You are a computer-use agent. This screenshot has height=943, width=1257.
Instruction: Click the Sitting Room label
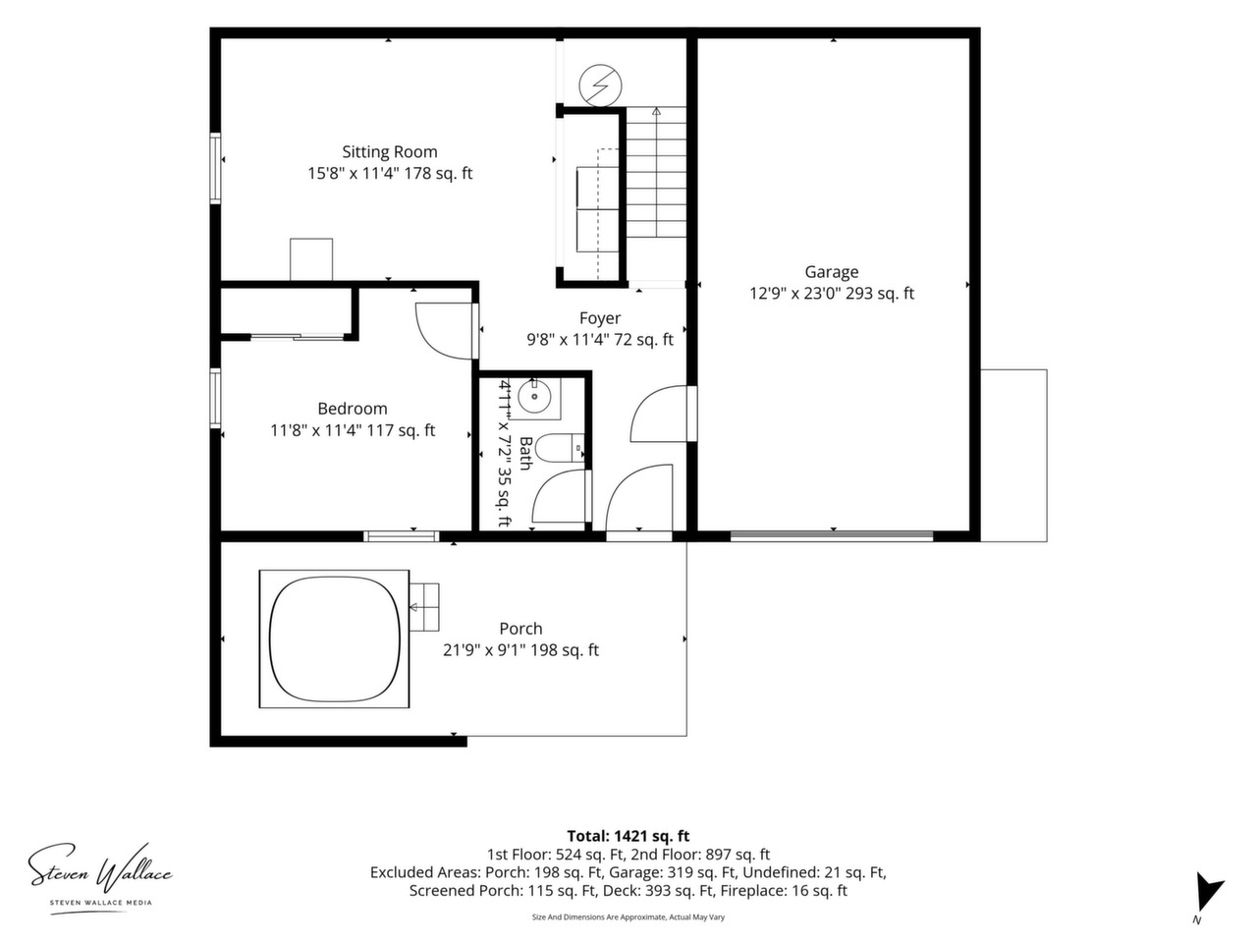(390, 151)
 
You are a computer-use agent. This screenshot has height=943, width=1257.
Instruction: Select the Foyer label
(600, 318)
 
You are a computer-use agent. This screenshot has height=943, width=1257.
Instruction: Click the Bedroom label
(353, 409)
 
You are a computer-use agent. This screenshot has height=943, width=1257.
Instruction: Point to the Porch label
(520, 629)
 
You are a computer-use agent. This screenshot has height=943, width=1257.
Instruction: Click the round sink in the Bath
(534, 396)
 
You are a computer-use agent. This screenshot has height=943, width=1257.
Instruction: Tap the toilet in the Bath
(562, 449)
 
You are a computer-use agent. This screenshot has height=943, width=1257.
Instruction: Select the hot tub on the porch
(335, 638)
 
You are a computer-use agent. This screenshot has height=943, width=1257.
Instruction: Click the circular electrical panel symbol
(600, 84)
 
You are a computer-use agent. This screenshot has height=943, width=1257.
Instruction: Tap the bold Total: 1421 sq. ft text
(628, 836)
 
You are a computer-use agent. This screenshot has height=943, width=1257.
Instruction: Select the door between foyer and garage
(692, 414)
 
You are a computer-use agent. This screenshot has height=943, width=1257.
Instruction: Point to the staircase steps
(656, 172)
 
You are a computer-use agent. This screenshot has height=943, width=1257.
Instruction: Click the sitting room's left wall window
(215, 168)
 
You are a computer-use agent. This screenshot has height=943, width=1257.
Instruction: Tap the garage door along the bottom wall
(832, 536)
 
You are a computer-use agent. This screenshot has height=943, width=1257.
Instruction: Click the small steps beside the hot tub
(424, 607)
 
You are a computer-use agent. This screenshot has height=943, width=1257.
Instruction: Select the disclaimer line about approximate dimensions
(628, 916)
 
